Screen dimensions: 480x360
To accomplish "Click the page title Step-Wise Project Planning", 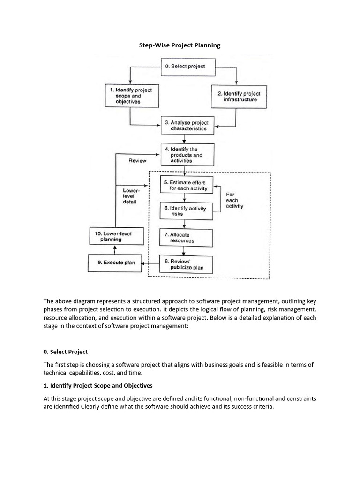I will tap(180, 45).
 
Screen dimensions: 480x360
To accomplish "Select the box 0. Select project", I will tap(184, 67).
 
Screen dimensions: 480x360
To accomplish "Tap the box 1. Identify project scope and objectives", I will tap(128, 95).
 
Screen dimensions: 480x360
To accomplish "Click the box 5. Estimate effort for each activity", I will tap(187, 185).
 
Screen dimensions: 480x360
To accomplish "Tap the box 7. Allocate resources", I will tap(186, 238).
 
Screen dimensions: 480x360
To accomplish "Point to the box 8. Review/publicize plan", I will tap(186, 265).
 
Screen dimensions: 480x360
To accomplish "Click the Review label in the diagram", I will tap(137, 161).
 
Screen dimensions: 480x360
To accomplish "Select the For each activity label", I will tap(234, 200).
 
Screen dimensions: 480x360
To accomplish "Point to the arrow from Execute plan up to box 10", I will tap(115, 249).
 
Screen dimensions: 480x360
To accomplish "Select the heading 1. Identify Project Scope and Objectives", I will tap(98, 386).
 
